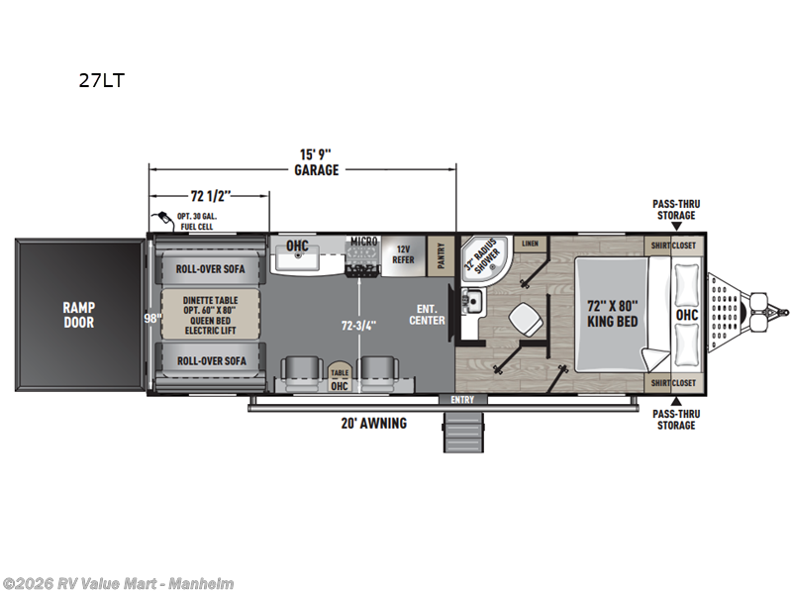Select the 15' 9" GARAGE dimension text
click(316, 162)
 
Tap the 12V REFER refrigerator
click(403, 253)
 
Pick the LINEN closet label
click(530, 243)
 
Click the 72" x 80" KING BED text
click(611, 314)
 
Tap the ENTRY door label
click(462, 400)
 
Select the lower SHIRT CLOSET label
click(670, 382)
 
